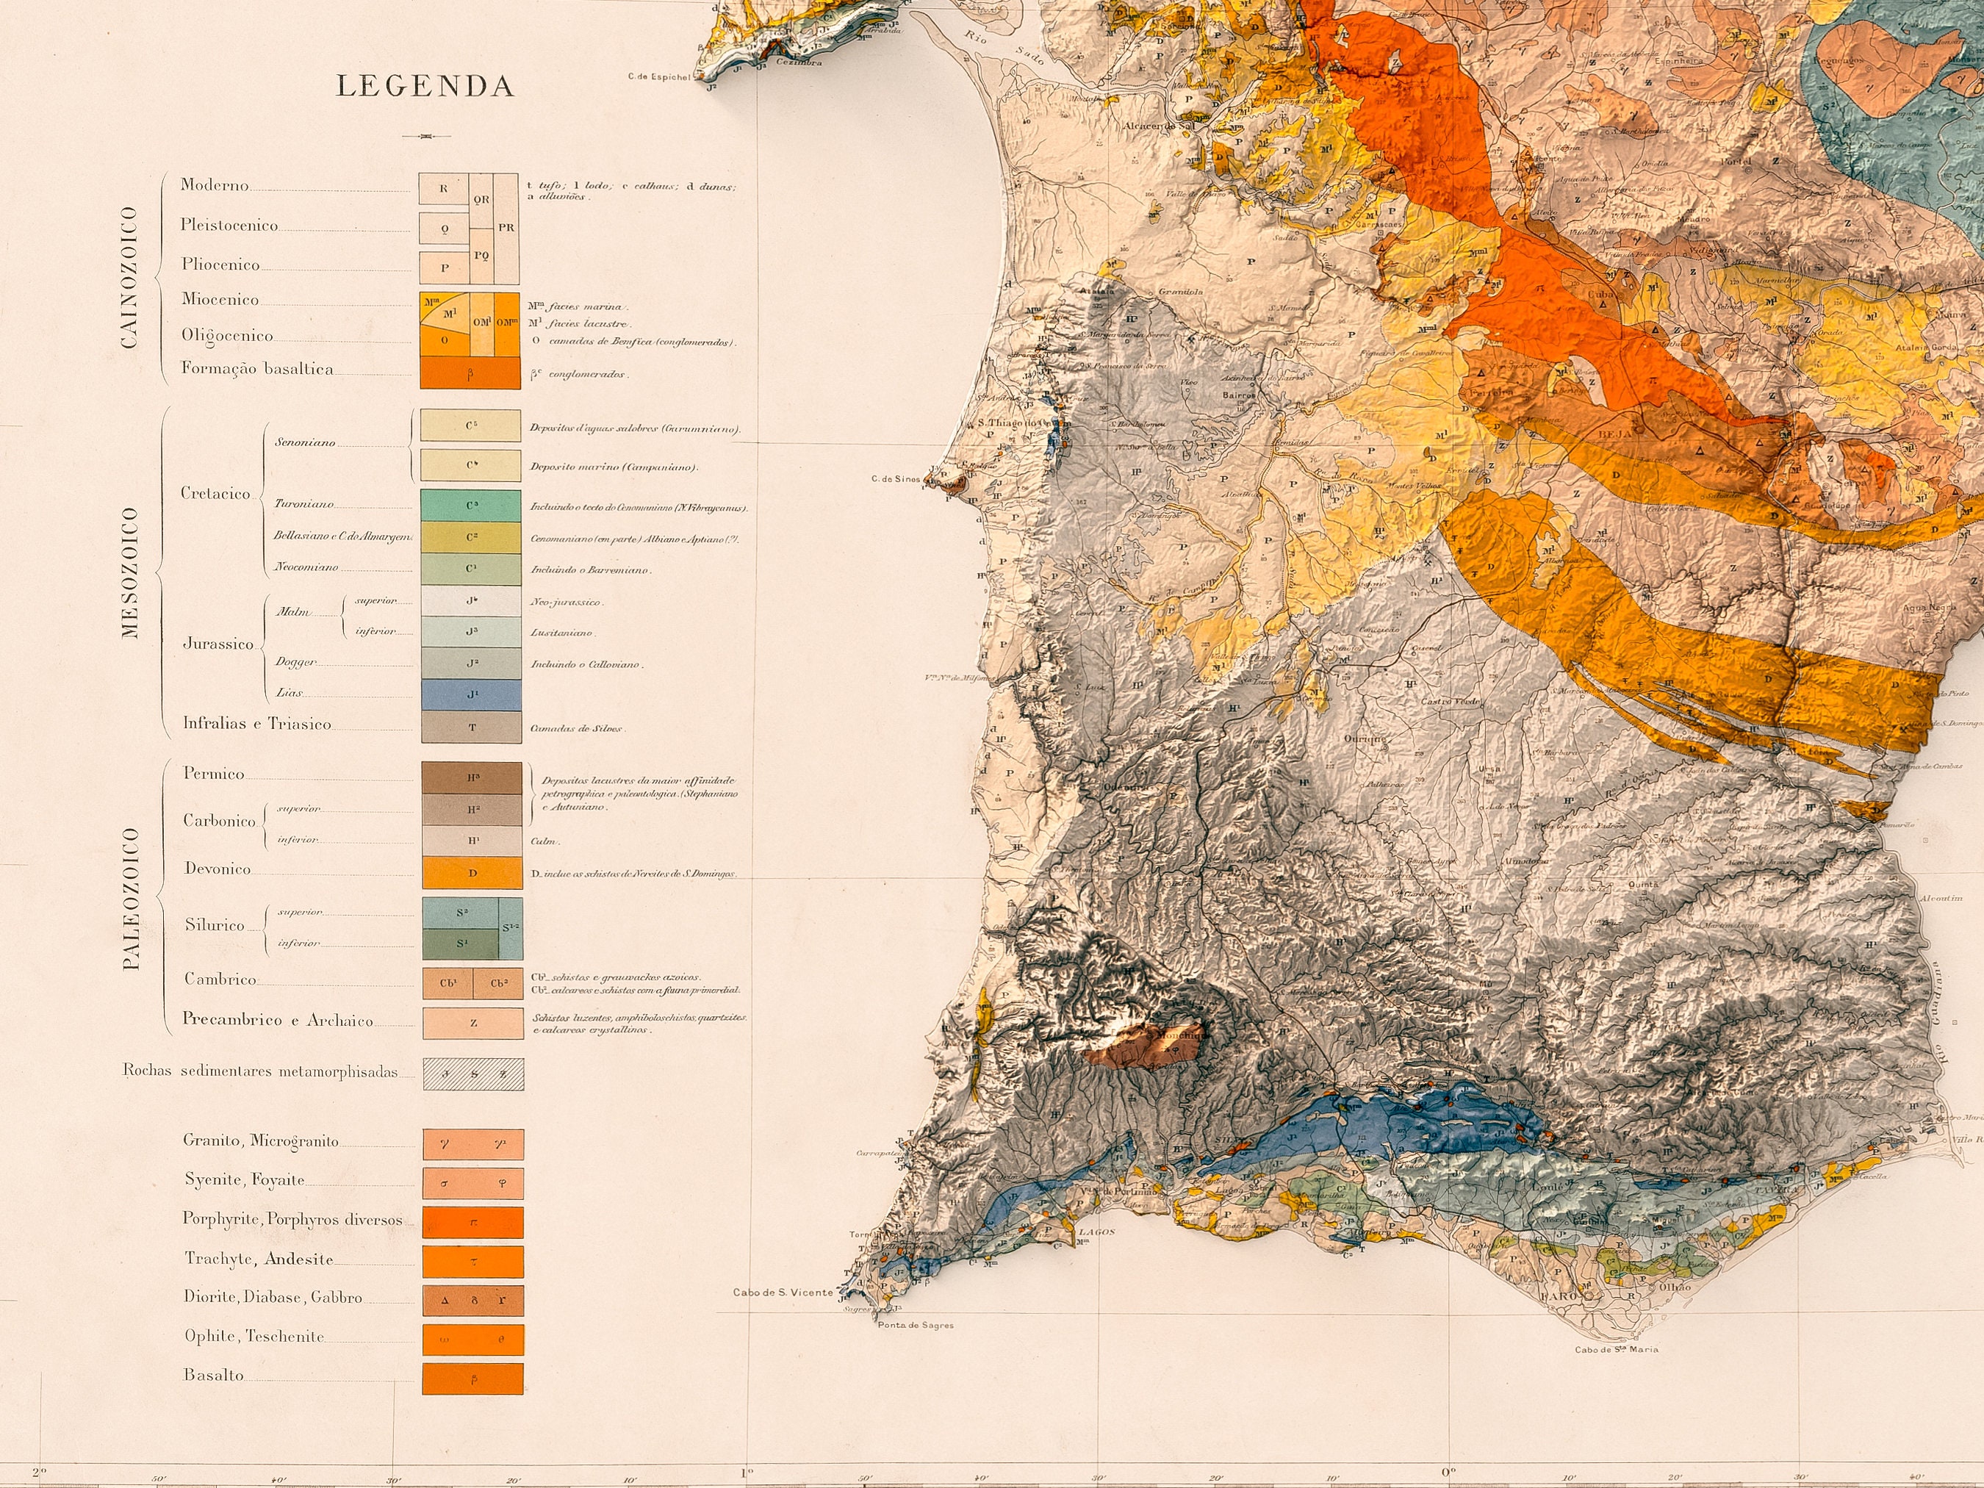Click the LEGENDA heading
(425, 86)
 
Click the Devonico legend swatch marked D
(472, 873)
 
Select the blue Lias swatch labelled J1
(471, 695)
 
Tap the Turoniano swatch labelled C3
(471, 506)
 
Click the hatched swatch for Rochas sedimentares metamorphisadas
(472, 1074)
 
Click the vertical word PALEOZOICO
(131, 899)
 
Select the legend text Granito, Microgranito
(261, 1141)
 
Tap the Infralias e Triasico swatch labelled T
(471, 727)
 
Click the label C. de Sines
(895, 480)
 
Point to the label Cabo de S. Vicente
(782, 1293)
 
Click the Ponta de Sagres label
(915, 1326)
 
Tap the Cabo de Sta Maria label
(1617, 1375)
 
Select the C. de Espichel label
(659, 77)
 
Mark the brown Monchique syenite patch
(1143, 1048)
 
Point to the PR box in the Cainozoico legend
(506, 228)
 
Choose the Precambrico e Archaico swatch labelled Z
(472, 1024)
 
